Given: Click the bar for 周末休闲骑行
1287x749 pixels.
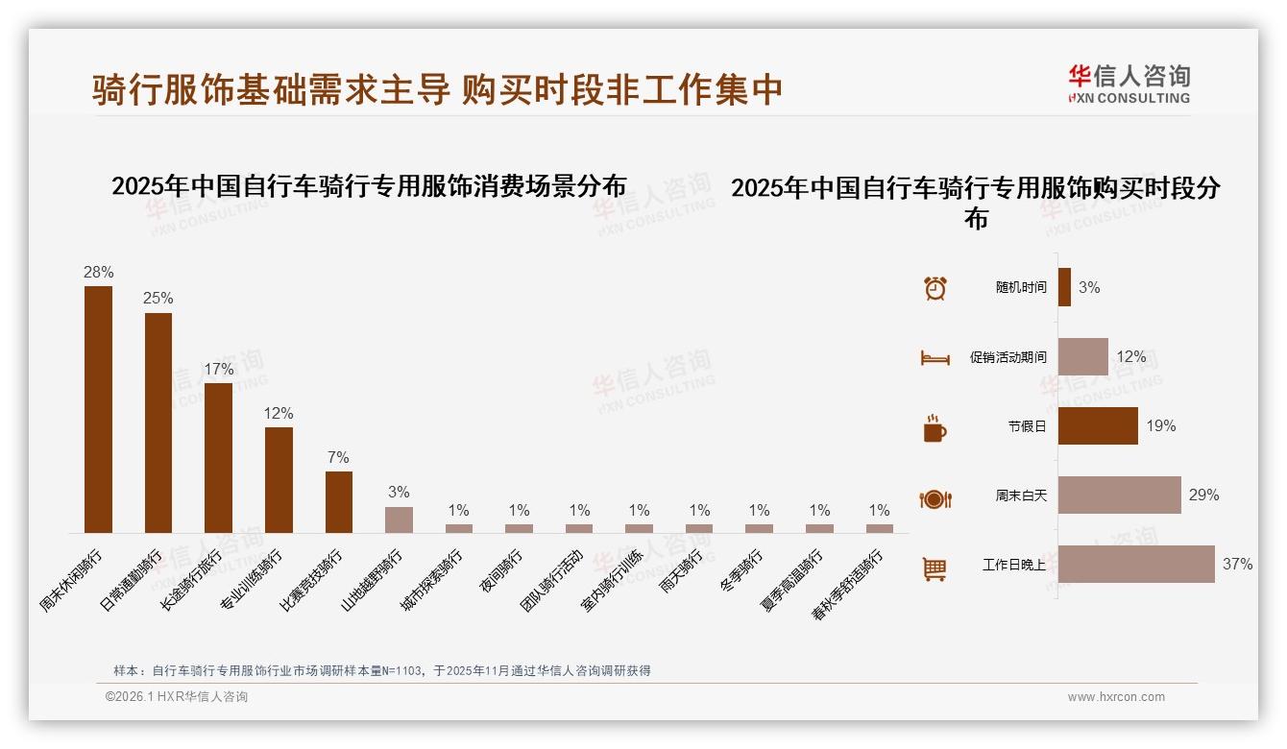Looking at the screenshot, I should [x=98, y=409].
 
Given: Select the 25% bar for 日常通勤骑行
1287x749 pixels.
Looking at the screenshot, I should [x=158, y=423].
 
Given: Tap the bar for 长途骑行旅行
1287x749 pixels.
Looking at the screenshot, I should [x=218, y=458].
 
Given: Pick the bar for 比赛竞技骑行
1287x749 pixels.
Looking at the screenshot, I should [x=339, y=501].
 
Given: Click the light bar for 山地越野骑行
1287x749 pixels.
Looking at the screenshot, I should [x=399, y=519].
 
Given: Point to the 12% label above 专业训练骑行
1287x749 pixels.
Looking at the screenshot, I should [x=279, y=413].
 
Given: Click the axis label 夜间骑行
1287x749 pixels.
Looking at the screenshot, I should [x=502, y=571].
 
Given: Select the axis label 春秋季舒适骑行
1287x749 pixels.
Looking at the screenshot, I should [x=848, y=584].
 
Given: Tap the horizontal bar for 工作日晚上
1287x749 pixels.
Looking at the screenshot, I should [x=1136, y=564].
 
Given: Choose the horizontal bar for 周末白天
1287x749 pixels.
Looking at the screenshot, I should [x=1119, y=495].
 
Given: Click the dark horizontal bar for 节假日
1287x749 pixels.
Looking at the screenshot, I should [x=1098, y=425].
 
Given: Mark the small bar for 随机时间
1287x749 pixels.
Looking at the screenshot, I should [x=1064, y=287].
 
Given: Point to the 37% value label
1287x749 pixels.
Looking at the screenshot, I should [x=1237, y=564].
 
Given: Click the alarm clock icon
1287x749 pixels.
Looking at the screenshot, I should [x=935, y=288].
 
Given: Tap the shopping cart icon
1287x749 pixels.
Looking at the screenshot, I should [x=935, y=568].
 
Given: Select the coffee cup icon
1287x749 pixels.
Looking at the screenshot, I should [x=935, y=428].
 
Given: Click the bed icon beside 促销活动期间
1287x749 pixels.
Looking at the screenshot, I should [x=935, y=358].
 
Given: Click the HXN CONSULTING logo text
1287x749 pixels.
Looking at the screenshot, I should [x=1130, y=98].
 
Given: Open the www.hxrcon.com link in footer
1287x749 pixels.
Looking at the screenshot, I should [x=1116, y=697].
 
